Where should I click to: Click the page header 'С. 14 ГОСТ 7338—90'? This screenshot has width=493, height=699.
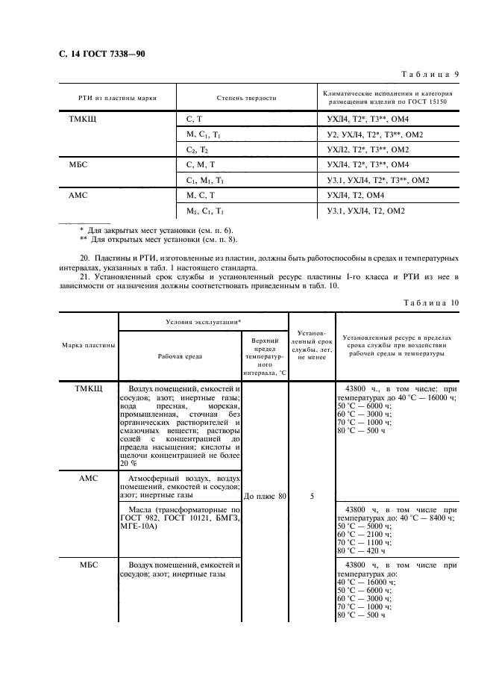pyautogui.click(x=107, y=53)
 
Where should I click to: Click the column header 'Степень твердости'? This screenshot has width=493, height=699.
pyautogui.click(x=246, y=98)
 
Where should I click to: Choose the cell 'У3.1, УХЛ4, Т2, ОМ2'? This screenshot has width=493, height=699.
pyautogui.click(x=365, y=211)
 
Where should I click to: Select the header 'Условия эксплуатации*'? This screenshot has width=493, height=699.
pyautogui.click(x=203, y=321)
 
